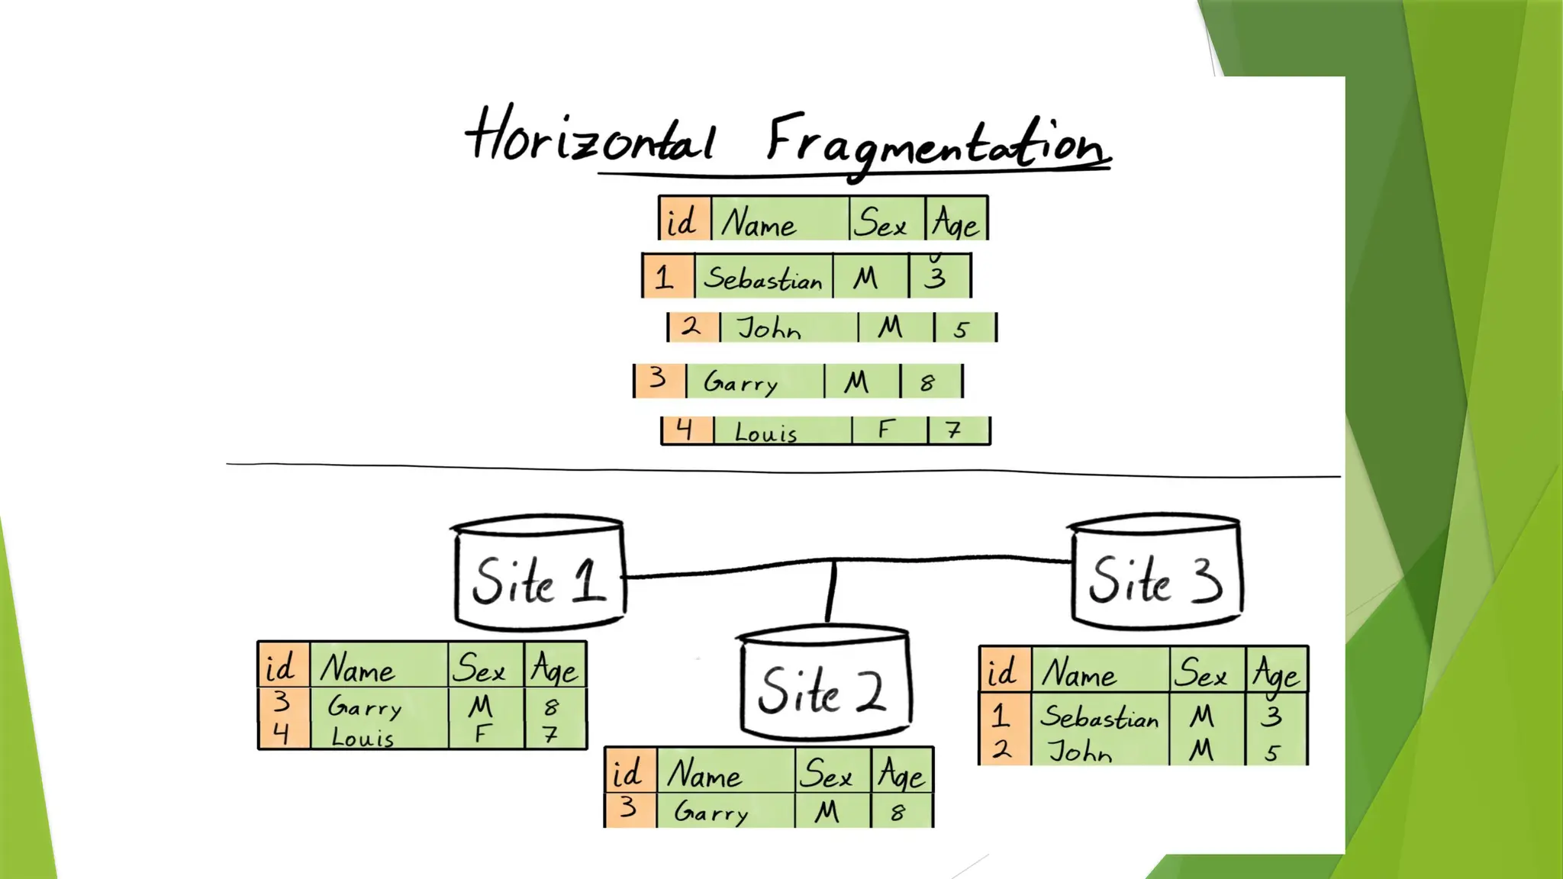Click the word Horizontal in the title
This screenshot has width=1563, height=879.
(591, 137)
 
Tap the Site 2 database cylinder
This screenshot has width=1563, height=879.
(824, 684)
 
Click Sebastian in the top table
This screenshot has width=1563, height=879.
(762, 278)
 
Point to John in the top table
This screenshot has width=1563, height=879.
(769, 329)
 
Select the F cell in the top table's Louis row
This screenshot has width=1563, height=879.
(885, 430)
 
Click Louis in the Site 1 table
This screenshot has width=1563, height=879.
(363, 737)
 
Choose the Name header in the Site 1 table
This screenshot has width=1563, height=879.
(357, 669)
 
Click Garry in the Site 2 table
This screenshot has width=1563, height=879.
(711, 812)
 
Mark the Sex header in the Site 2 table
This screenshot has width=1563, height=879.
(826, 774)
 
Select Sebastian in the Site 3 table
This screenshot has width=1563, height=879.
(1099, 717)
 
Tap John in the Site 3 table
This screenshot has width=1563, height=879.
(1079, 752)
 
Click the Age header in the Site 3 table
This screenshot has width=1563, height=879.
(1275, 673)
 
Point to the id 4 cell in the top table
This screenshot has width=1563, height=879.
(685, 430)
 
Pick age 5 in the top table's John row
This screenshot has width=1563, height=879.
(962, 329)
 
